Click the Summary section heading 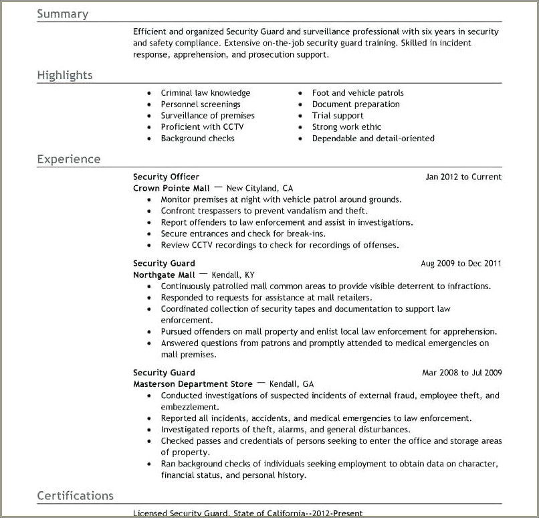(x=62, y=14)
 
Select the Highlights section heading (x=65, y=75)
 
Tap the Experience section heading (x=69, y=159)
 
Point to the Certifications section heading (x=75, y=496)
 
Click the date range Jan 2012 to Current (x=463, y=177)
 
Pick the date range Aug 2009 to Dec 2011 (x=461, y=264)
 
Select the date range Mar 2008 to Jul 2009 (x=461, y=373)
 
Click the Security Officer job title (x=166, y=177)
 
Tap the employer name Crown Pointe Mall (x=171, y=189)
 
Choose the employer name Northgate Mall (x=164, y=275)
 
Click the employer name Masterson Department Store (x=193, y=384)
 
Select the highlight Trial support (x=338, y=116)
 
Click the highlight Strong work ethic (x=346, y=127)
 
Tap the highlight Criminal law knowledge (x=205, y=93)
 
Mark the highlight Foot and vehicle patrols (x=358, y=93)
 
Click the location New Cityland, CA (x=259, y=189)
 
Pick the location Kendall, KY (x=233, y=275)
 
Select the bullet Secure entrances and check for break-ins (x=243, y=234)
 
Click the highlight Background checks (x=197, y=139)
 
